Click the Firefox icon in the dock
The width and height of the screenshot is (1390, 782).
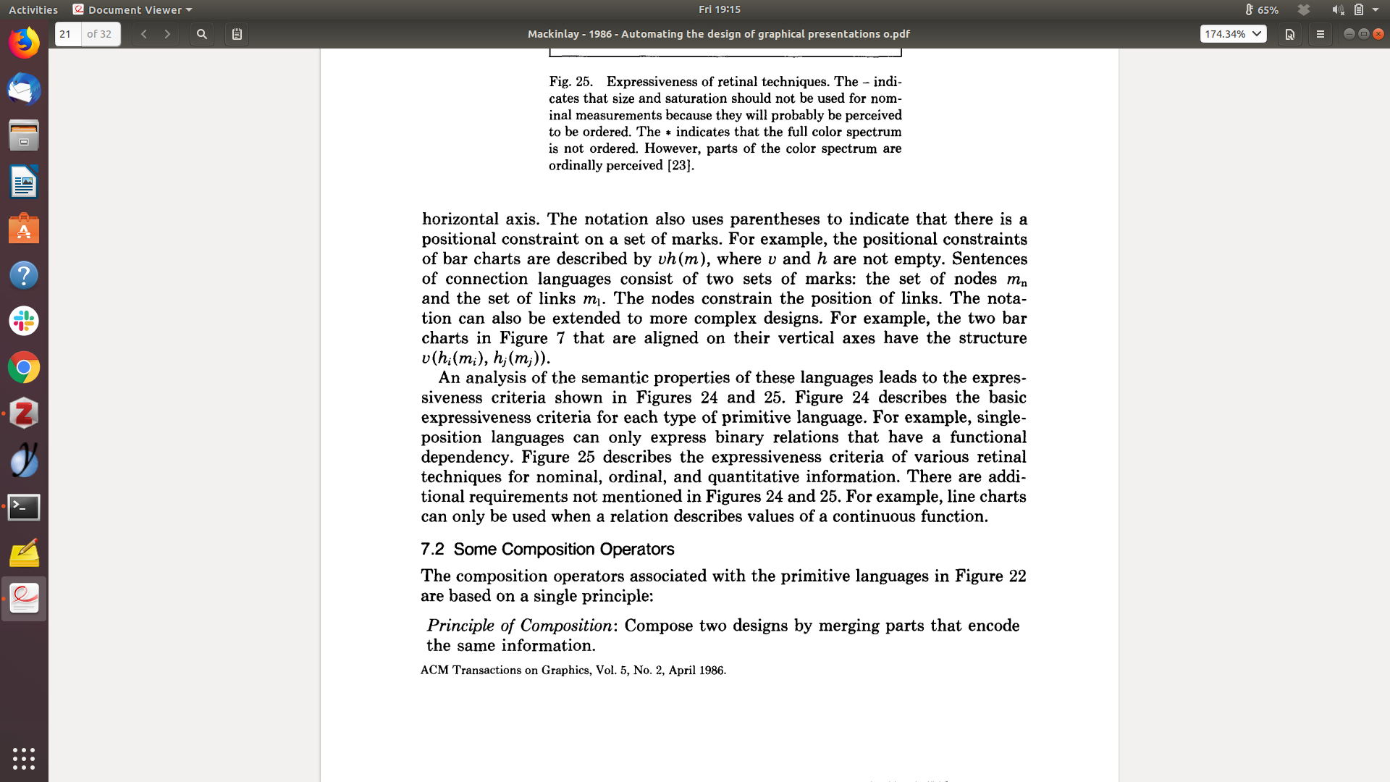(24, 43)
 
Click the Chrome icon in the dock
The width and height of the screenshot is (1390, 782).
(24, 368)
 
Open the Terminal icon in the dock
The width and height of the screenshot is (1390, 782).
(24, 507)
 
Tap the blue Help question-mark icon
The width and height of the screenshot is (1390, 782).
(24, 275)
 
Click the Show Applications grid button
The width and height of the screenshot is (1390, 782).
(24, 758)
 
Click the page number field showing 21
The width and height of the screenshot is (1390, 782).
(68, 34)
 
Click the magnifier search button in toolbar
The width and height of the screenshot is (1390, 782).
(202, 34)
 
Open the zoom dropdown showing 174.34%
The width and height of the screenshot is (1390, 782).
(1233, 34)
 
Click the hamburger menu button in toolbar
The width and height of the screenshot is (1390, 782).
(1320, 34)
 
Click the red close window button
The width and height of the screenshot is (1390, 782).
(1378, 34)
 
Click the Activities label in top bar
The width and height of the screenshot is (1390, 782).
(33, 10)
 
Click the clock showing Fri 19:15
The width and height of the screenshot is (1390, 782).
(719, 9)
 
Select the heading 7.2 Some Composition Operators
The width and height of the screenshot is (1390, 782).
(547, 550)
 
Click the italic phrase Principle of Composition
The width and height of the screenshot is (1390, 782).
(519, 626)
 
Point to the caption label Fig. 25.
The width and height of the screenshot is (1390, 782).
(570, 82)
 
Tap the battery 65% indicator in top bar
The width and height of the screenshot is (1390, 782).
(1262, 10)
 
